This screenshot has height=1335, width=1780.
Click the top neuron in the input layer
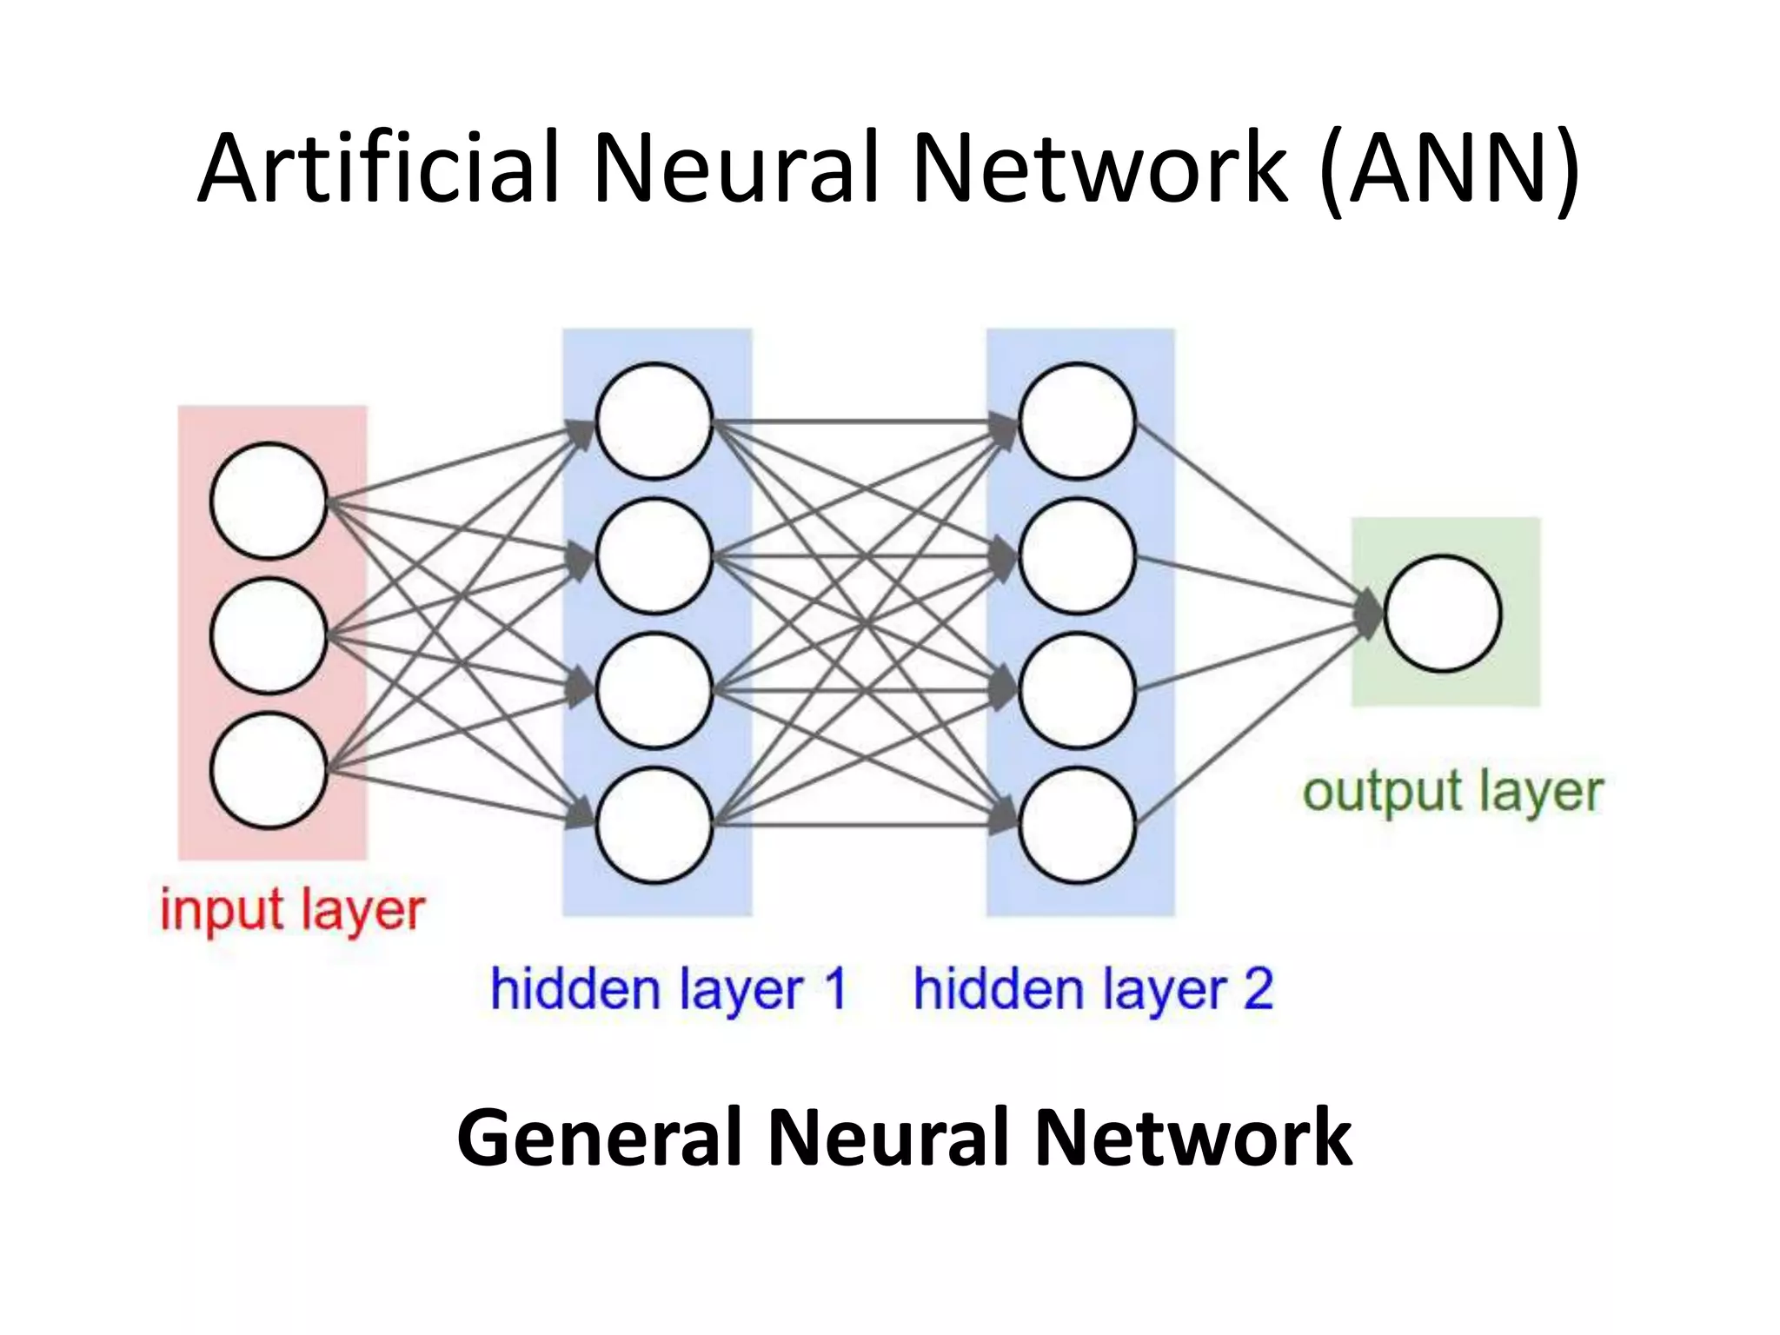pyautogui.click(x=269, y=501)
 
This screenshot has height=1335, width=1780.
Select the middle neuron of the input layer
pyautogui.click(x=269, y=635)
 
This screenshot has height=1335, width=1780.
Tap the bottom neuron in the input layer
pyautogui.click(x=269, y=770)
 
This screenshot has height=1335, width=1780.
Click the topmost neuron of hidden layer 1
pyautogui.click(x=654, y=421)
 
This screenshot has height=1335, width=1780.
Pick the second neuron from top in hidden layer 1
pyautogui.click(x=654, y=555)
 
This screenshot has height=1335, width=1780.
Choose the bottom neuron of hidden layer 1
pyautogui.click(x=654, y=825)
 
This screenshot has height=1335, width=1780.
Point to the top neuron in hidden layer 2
pyautogui.click(x=1077, y=421)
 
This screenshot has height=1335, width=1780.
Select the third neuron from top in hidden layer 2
pyautogui.click(x=1077, y=690)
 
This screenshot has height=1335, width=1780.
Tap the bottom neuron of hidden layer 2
pyautogui.click(x=1077, y=825)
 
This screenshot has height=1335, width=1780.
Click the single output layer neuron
pyautogui.click(x=1443, y=614)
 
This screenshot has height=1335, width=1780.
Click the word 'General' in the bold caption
pyautogui.click(x=599, y=1138)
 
